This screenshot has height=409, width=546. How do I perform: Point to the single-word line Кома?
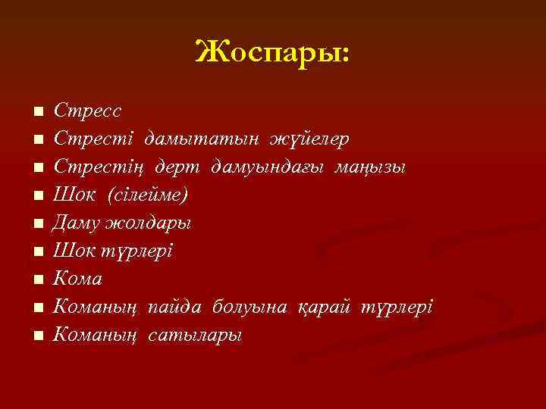(78, 279)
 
